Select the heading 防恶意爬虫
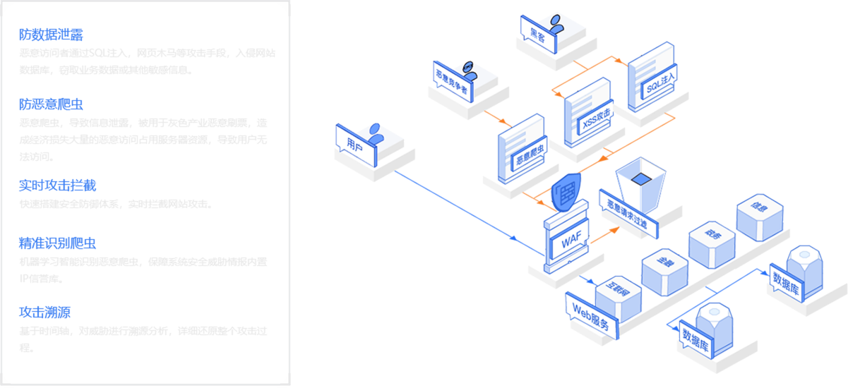click(52, 104)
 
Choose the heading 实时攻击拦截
click(57, 186)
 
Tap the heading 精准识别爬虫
click(57, 243)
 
